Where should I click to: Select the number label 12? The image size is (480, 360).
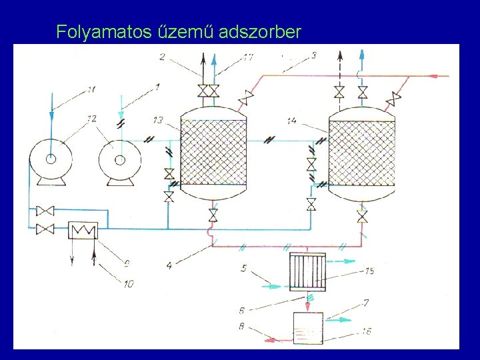point(91,119)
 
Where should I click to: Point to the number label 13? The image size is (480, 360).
point(158,120)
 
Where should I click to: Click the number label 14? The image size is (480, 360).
point(291,121)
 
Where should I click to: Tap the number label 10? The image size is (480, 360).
point(128,284)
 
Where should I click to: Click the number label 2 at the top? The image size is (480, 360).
point(163,57)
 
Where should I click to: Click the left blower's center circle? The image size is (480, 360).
point(50,159)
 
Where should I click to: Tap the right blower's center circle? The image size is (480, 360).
point(120,159)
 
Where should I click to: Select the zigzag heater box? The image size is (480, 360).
point(83,230)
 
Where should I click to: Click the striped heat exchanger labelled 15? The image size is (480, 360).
point(308,272)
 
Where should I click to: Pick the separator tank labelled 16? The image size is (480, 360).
point(308,327)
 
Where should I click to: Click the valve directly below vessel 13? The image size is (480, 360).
point(213,215)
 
